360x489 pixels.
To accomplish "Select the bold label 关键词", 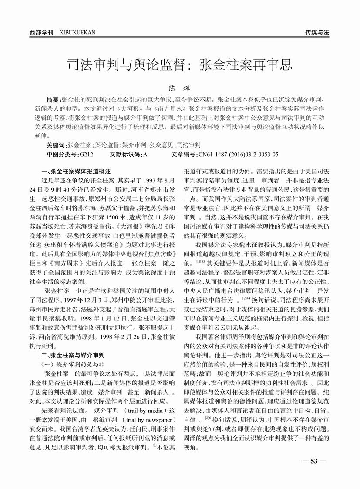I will pyautogui.click(x=57, y=145).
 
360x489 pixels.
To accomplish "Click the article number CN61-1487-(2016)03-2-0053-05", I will pyautogui.click(x=238, y=154).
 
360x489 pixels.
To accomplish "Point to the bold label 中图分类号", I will pyautogui.click(x=62, y=154).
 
